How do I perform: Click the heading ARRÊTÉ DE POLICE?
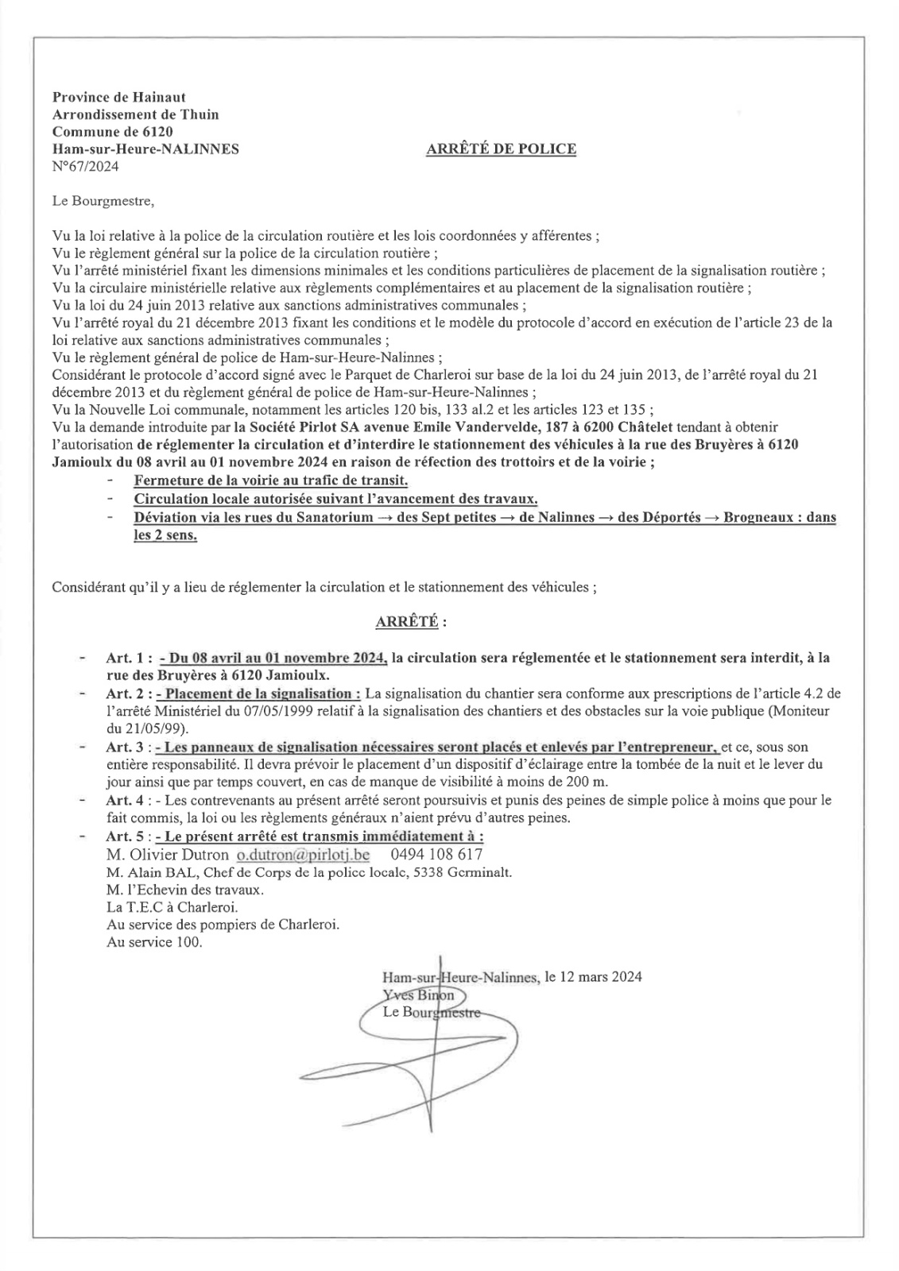(501, 149)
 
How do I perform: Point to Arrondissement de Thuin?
(135, 114)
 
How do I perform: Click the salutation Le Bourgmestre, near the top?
(103, 201)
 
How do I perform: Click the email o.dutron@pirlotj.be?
(303, 855)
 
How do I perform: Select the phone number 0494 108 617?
(436, 855)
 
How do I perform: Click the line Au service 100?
(154, 942)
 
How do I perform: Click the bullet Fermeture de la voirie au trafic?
(270, 481)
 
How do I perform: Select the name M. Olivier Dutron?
(167, 855)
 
